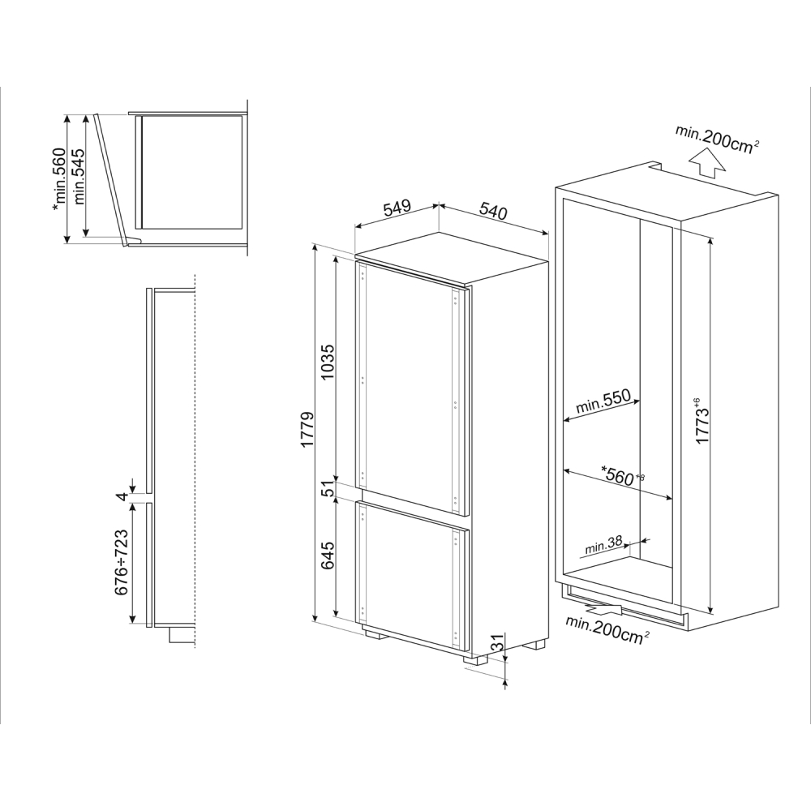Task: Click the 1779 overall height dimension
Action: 307,430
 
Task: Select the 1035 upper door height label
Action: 328,363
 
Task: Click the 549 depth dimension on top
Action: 397,208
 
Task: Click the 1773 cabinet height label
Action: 703,420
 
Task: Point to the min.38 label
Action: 603,545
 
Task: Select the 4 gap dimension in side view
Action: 122,496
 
